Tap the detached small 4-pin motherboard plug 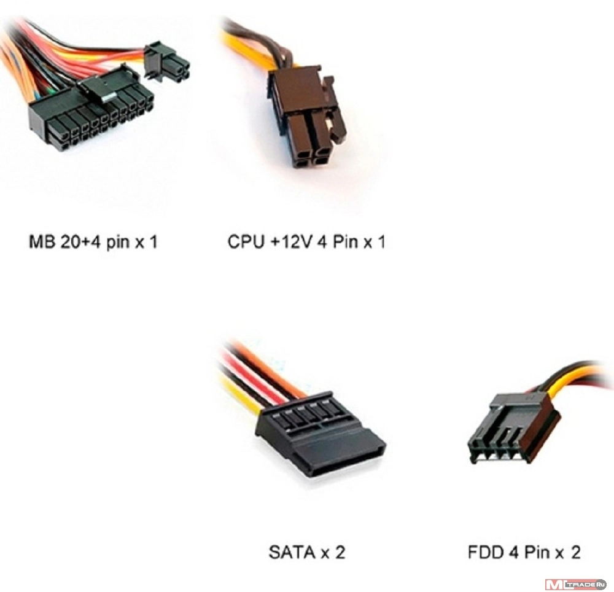[x=168, y=62]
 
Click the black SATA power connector [x=319, y=439]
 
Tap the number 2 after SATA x [x=340, y=552]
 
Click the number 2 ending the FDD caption [x=575, y=552]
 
